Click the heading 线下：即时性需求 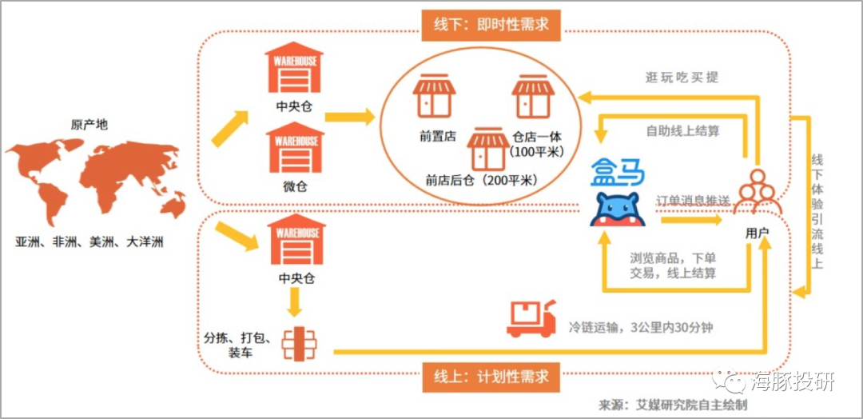coord(486,23)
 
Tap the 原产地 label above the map coord(89,125)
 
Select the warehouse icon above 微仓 coord(294,149)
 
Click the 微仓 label coord(294,186)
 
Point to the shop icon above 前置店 coord(434,96)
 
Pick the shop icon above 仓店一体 coord(533,96)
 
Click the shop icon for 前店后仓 coord(487,148)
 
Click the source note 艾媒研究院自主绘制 coord(686,405)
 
